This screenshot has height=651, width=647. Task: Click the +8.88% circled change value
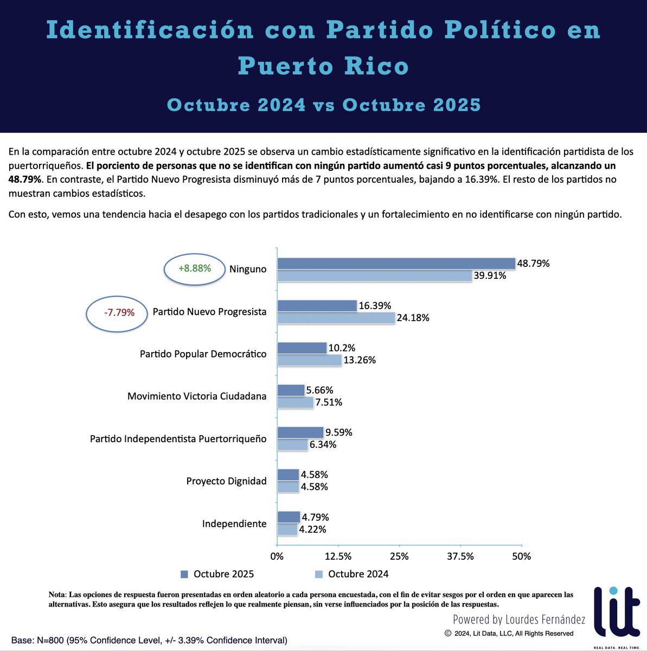click(195, 269)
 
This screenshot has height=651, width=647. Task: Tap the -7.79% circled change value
click(119, 312)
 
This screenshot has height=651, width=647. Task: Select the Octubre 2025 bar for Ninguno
click(396, 264)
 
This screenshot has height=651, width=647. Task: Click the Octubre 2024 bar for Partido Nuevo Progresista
click(336, 318)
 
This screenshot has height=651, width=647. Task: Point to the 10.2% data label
click(342, 348)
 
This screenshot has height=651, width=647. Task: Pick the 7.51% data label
click(329, 403)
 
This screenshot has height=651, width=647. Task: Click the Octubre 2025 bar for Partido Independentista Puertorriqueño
click(300, 432)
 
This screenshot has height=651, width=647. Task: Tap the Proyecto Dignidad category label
click(226, 481)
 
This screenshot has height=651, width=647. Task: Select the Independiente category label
click(234, 524)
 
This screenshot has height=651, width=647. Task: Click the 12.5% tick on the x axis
click(338, 556)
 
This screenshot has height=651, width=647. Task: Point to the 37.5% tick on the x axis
click(460, 556)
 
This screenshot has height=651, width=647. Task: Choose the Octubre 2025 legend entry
click(217, 574)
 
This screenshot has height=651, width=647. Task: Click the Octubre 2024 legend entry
click(351, 574)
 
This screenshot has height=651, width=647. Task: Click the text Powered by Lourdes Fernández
click(519, 619)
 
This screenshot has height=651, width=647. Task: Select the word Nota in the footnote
click(56, 595)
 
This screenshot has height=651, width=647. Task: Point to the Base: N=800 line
click(149, 641)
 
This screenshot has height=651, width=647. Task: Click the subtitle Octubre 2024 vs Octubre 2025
click(324, 105)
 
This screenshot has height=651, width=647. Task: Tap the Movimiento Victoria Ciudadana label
click(197, 397)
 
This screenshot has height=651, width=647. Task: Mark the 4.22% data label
click(313, 529)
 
